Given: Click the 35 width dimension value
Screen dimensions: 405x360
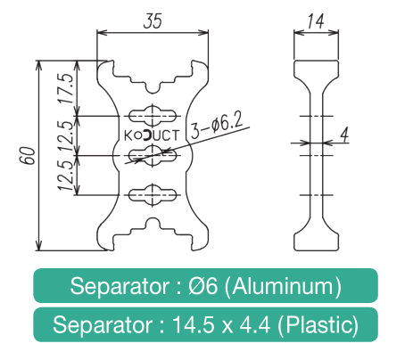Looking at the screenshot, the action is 153,20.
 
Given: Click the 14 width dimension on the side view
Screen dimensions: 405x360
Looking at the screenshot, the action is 316,21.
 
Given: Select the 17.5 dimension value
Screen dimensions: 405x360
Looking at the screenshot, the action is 66,88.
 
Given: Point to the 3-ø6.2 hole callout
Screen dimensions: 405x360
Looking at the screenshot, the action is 217,126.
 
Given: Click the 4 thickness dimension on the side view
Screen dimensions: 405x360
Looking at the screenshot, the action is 344,135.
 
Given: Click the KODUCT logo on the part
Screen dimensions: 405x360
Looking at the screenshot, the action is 152,135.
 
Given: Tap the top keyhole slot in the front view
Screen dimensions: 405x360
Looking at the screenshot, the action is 153,116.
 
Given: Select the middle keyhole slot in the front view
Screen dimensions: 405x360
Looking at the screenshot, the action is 153,155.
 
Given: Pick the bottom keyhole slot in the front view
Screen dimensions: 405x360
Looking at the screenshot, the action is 153,195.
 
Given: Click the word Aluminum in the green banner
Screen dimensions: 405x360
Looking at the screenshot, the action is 286,286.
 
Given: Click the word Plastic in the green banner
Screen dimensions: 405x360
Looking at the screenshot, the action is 318,324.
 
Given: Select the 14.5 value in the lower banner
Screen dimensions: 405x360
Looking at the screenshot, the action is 193,324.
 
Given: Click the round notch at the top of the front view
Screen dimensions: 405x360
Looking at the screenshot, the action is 153,86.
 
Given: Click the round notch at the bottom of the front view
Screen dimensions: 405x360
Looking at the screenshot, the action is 153,225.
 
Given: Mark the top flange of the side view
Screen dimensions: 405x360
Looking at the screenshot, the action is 316,69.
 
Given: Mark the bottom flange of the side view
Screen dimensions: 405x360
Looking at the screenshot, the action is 316,241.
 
